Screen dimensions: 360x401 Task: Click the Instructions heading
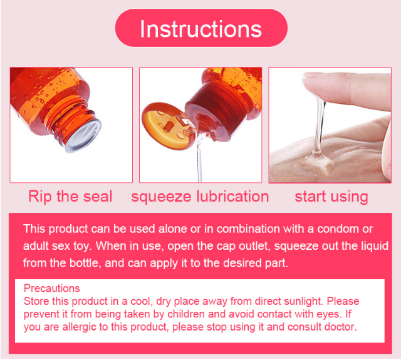click(x=200, y=29)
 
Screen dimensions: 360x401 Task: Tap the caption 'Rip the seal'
click(x=70, y=197)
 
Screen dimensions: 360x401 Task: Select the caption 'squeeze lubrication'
click(x=200, y=197)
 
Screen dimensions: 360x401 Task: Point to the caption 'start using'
click(x=331, y=197)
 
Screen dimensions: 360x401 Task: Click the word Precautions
click(x=51, y=289)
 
